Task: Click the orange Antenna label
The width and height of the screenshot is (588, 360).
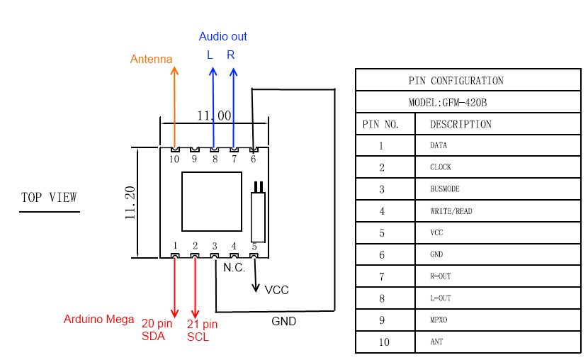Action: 151,60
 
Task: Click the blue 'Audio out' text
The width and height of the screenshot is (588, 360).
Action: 222,37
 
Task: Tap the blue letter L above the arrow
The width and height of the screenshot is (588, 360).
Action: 210,55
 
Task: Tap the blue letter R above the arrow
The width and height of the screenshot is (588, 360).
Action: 231,55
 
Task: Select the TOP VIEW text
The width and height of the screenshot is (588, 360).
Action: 49,198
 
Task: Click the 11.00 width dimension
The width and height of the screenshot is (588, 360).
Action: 214,116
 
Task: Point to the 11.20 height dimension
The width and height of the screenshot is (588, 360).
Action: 130,203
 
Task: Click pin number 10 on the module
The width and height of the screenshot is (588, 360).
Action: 174,159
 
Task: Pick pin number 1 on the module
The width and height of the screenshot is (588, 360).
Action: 174,245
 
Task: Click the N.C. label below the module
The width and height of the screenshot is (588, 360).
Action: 234,268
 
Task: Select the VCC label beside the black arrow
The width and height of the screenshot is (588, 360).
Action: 276,291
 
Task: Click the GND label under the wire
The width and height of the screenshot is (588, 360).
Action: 283,321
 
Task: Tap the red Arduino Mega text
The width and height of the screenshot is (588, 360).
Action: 98,320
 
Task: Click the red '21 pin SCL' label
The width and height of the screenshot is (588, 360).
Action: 202,331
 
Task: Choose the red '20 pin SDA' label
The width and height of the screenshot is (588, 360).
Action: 157,330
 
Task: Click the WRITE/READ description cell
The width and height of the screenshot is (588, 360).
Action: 451,211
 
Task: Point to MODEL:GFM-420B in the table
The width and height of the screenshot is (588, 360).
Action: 448,102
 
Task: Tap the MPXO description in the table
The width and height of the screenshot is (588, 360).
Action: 439,320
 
